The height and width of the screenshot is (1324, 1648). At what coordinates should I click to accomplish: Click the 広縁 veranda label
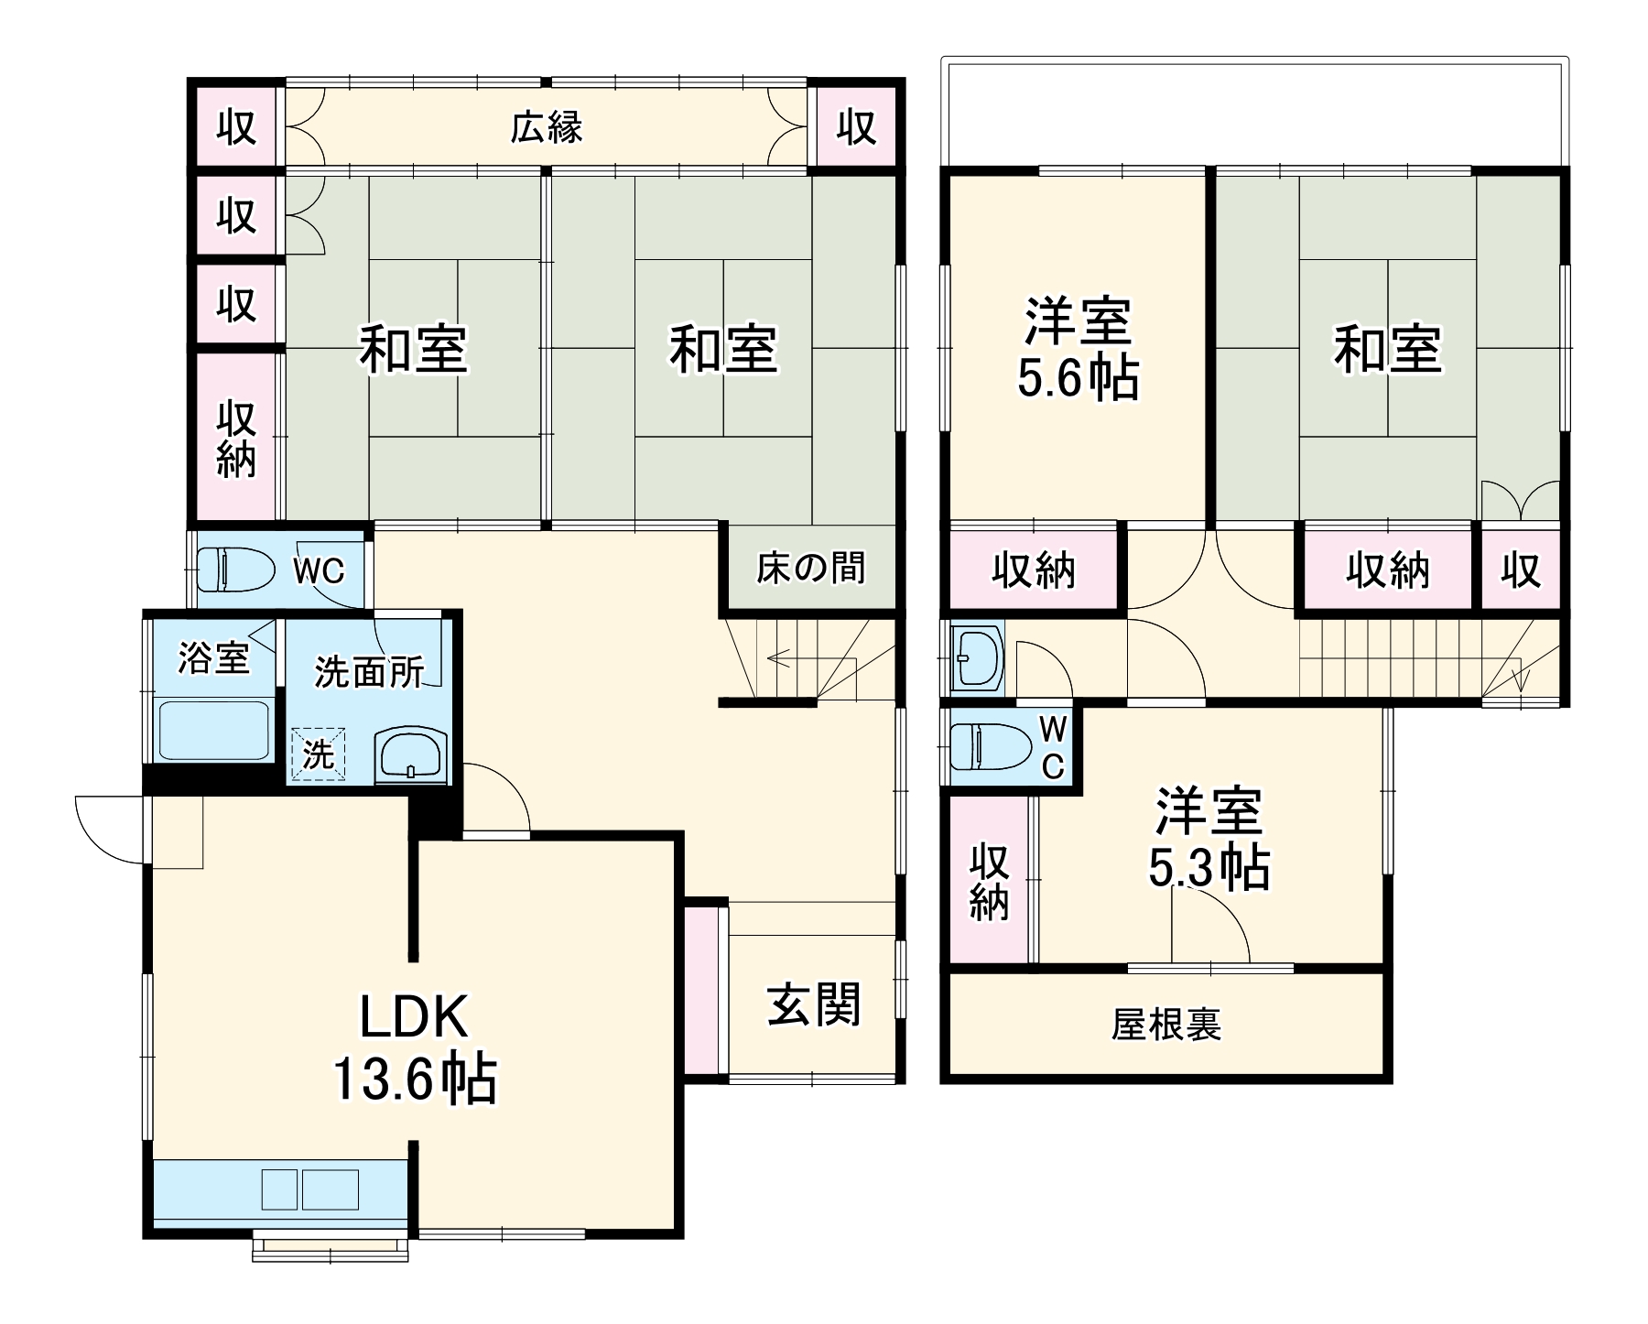click(547, 127)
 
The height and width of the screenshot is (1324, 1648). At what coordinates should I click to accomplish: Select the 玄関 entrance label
click(813, 1004)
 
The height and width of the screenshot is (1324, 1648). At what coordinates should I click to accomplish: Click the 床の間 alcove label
click(810, 568)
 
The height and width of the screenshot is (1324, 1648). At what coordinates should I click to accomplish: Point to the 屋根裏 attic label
click(1166, 1025)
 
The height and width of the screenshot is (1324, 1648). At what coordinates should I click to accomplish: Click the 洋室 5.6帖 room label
click(1079, 349)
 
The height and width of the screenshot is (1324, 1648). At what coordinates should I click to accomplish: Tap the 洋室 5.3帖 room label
click(1209, 839)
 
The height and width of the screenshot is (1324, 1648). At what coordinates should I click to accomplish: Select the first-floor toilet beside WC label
click(235, 570)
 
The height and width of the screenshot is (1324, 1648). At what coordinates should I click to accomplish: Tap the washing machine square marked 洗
click(319, 755)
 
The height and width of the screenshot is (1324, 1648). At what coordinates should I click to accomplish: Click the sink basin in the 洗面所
click(410, 756)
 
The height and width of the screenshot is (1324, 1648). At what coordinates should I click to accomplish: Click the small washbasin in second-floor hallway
click(976, 657)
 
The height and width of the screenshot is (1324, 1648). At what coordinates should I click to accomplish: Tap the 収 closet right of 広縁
click(857, 126)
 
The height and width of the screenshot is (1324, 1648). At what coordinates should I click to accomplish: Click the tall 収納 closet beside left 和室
click(236, 438)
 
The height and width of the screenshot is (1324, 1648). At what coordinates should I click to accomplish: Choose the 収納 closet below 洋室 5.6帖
click(1034, 570)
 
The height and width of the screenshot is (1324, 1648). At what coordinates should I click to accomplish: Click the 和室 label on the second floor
click(1387, 349)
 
